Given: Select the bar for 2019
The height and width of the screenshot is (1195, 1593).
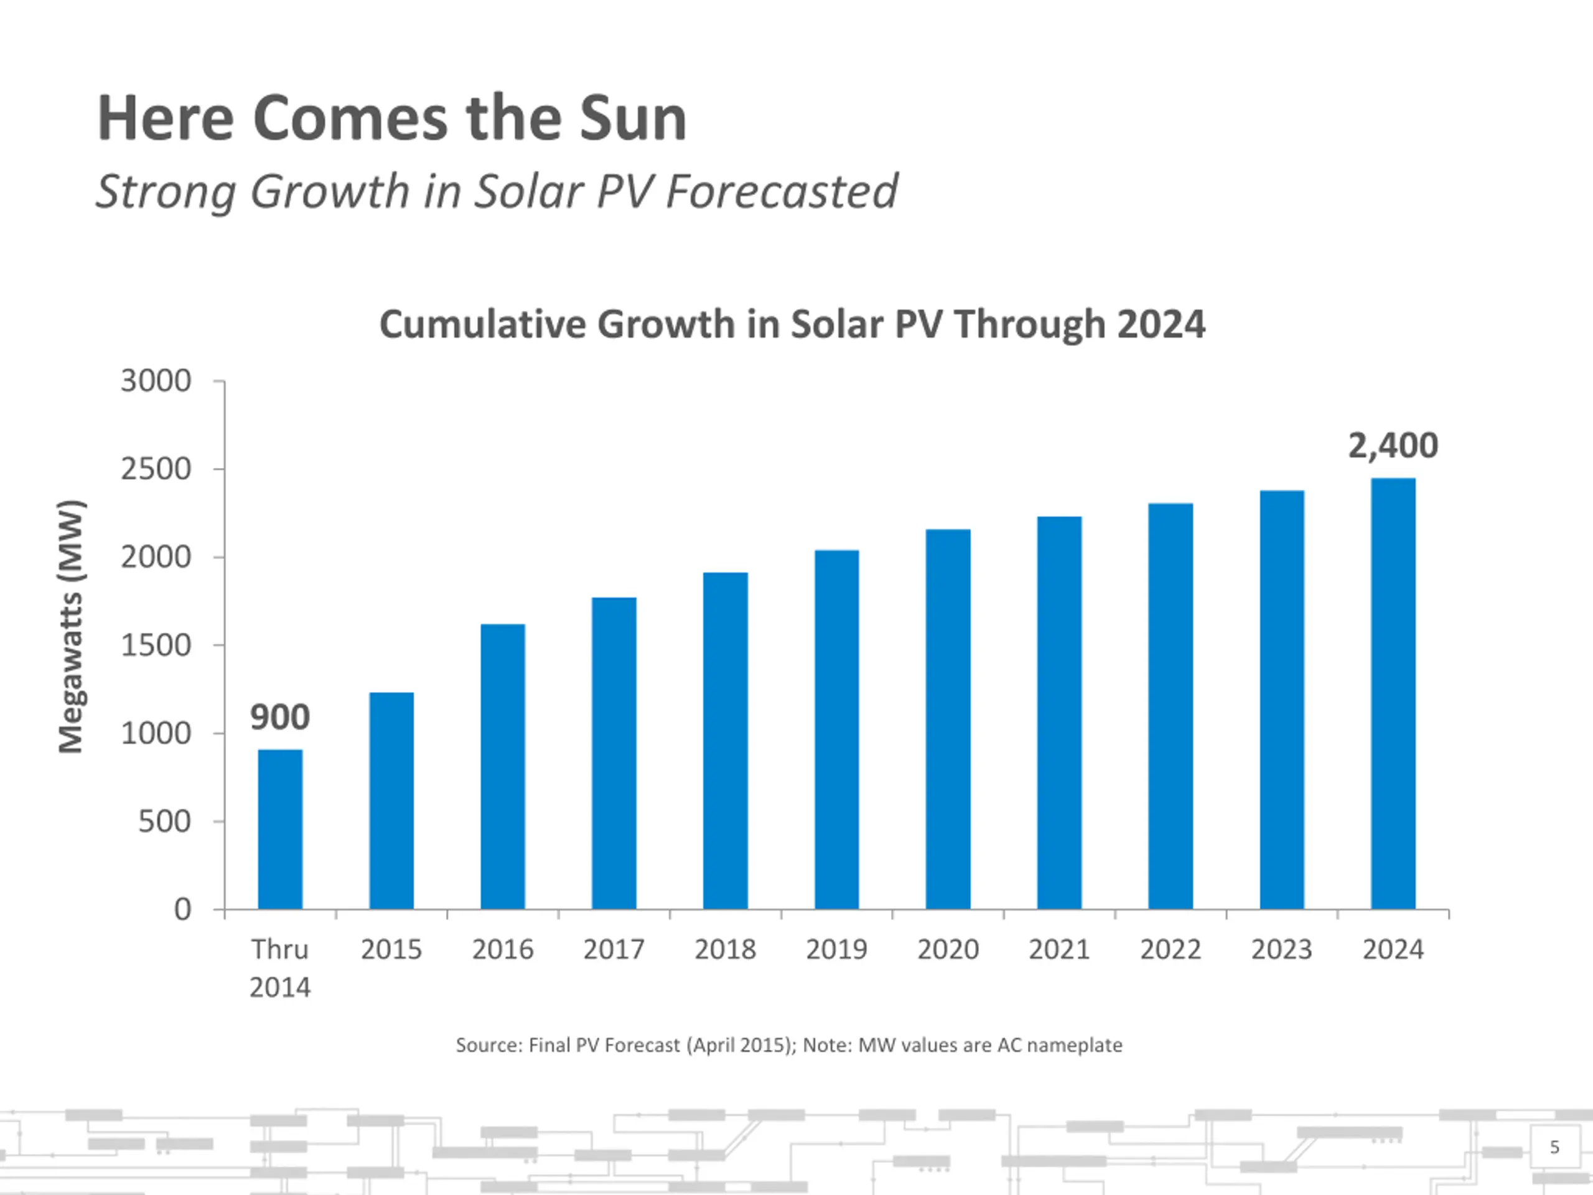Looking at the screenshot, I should [836, 729].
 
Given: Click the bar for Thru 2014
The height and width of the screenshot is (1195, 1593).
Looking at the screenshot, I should [280, 829].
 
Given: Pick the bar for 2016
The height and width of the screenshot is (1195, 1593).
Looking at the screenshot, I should [503, 766].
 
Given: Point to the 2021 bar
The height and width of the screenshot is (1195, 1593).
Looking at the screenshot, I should [1058, 713].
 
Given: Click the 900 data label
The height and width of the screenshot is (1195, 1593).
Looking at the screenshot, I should [280, 718].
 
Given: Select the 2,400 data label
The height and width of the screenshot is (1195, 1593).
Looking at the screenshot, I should [1393, 446].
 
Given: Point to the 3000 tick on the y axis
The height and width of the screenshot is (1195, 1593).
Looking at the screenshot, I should [156, 381].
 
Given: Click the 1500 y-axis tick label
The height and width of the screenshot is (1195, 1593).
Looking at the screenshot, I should [156, 645].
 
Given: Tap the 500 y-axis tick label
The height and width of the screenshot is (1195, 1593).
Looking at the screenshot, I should [164, 822].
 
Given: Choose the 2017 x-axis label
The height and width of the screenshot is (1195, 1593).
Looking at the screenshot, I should [614, 949].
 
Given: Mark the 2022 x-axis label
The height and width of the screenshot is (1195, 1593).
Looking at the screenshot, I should [1170, 949].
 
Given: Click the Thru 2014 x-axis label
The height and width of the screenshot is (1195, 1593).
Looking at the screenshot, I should [280, 968].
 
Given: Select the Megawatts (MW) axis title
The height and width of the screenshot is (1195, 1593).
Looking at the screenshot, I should [72, 627].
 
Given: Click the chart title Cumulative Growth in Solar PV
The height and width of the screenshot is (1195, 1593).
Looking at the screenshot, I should [792, 324].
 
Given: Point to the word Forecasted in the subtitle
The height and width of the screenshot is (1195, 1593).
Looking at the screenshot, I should [782, 192].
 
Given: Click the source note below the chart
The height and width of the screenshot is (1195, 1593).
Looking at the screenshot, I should [788, 1045].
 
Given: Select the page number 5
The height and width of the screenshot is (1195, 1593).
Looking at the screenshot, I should [1554, 1146].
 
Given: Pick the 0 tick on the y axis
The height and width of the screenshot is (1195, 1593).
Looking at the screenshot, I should [183, 910].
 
